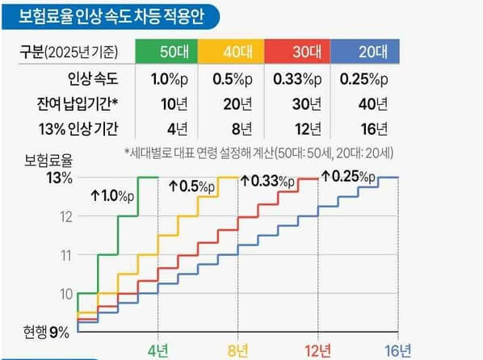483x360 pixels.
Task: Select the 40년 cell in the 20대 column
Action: [x=374, y=103]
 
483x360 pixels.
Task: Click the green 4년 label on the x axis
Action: [x=158, y=351]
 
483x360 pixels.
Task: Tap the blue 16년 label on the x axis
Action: [x=398, y=351]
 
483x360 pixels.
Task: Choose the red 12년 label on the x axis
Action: [x=318, y=351]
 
